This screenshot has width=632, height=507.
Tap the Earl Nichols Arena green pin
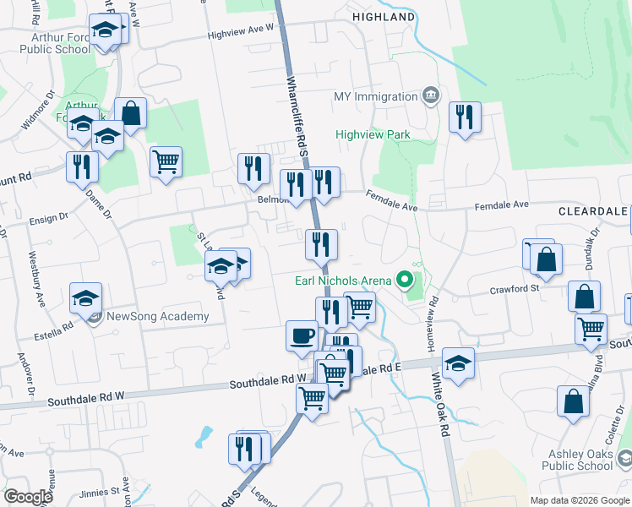pos(405,280)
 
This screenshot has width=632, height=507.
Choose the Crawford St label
pos(515,289)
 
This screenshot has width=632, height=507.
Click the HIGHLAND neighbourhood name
pos(384,17)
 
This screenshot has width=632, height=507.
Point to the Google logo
pos(28,496)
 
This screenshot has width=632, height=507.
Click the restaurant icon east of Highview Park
pos(465,117)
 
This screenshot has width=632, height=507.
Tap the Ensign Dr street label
pos(48,219)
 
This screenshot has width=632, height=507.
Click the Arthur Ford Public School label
pos(60,43)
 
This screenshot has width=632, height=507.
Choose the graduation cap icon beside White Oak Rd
pos(457,363)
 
